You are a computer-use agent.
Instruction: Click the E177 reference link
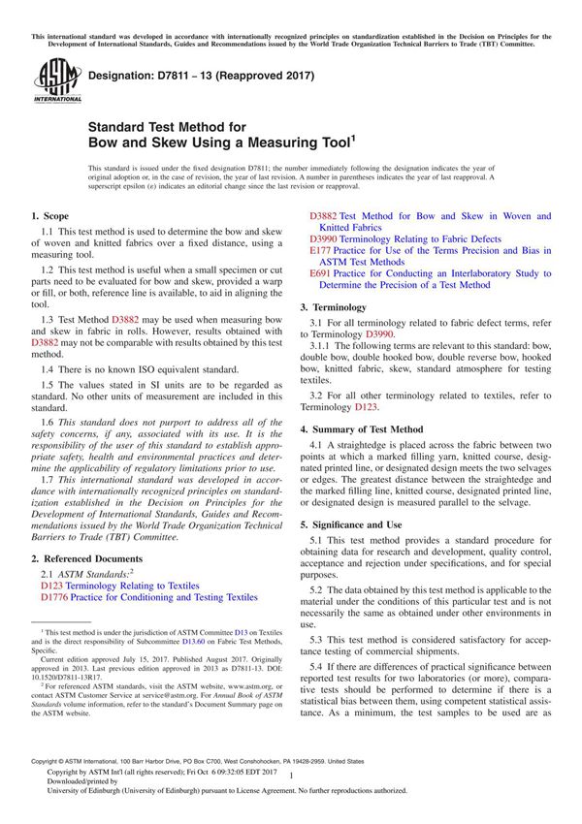tap(320, 250)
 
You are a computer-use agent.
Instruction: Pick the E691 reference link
tap(320, 274)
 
